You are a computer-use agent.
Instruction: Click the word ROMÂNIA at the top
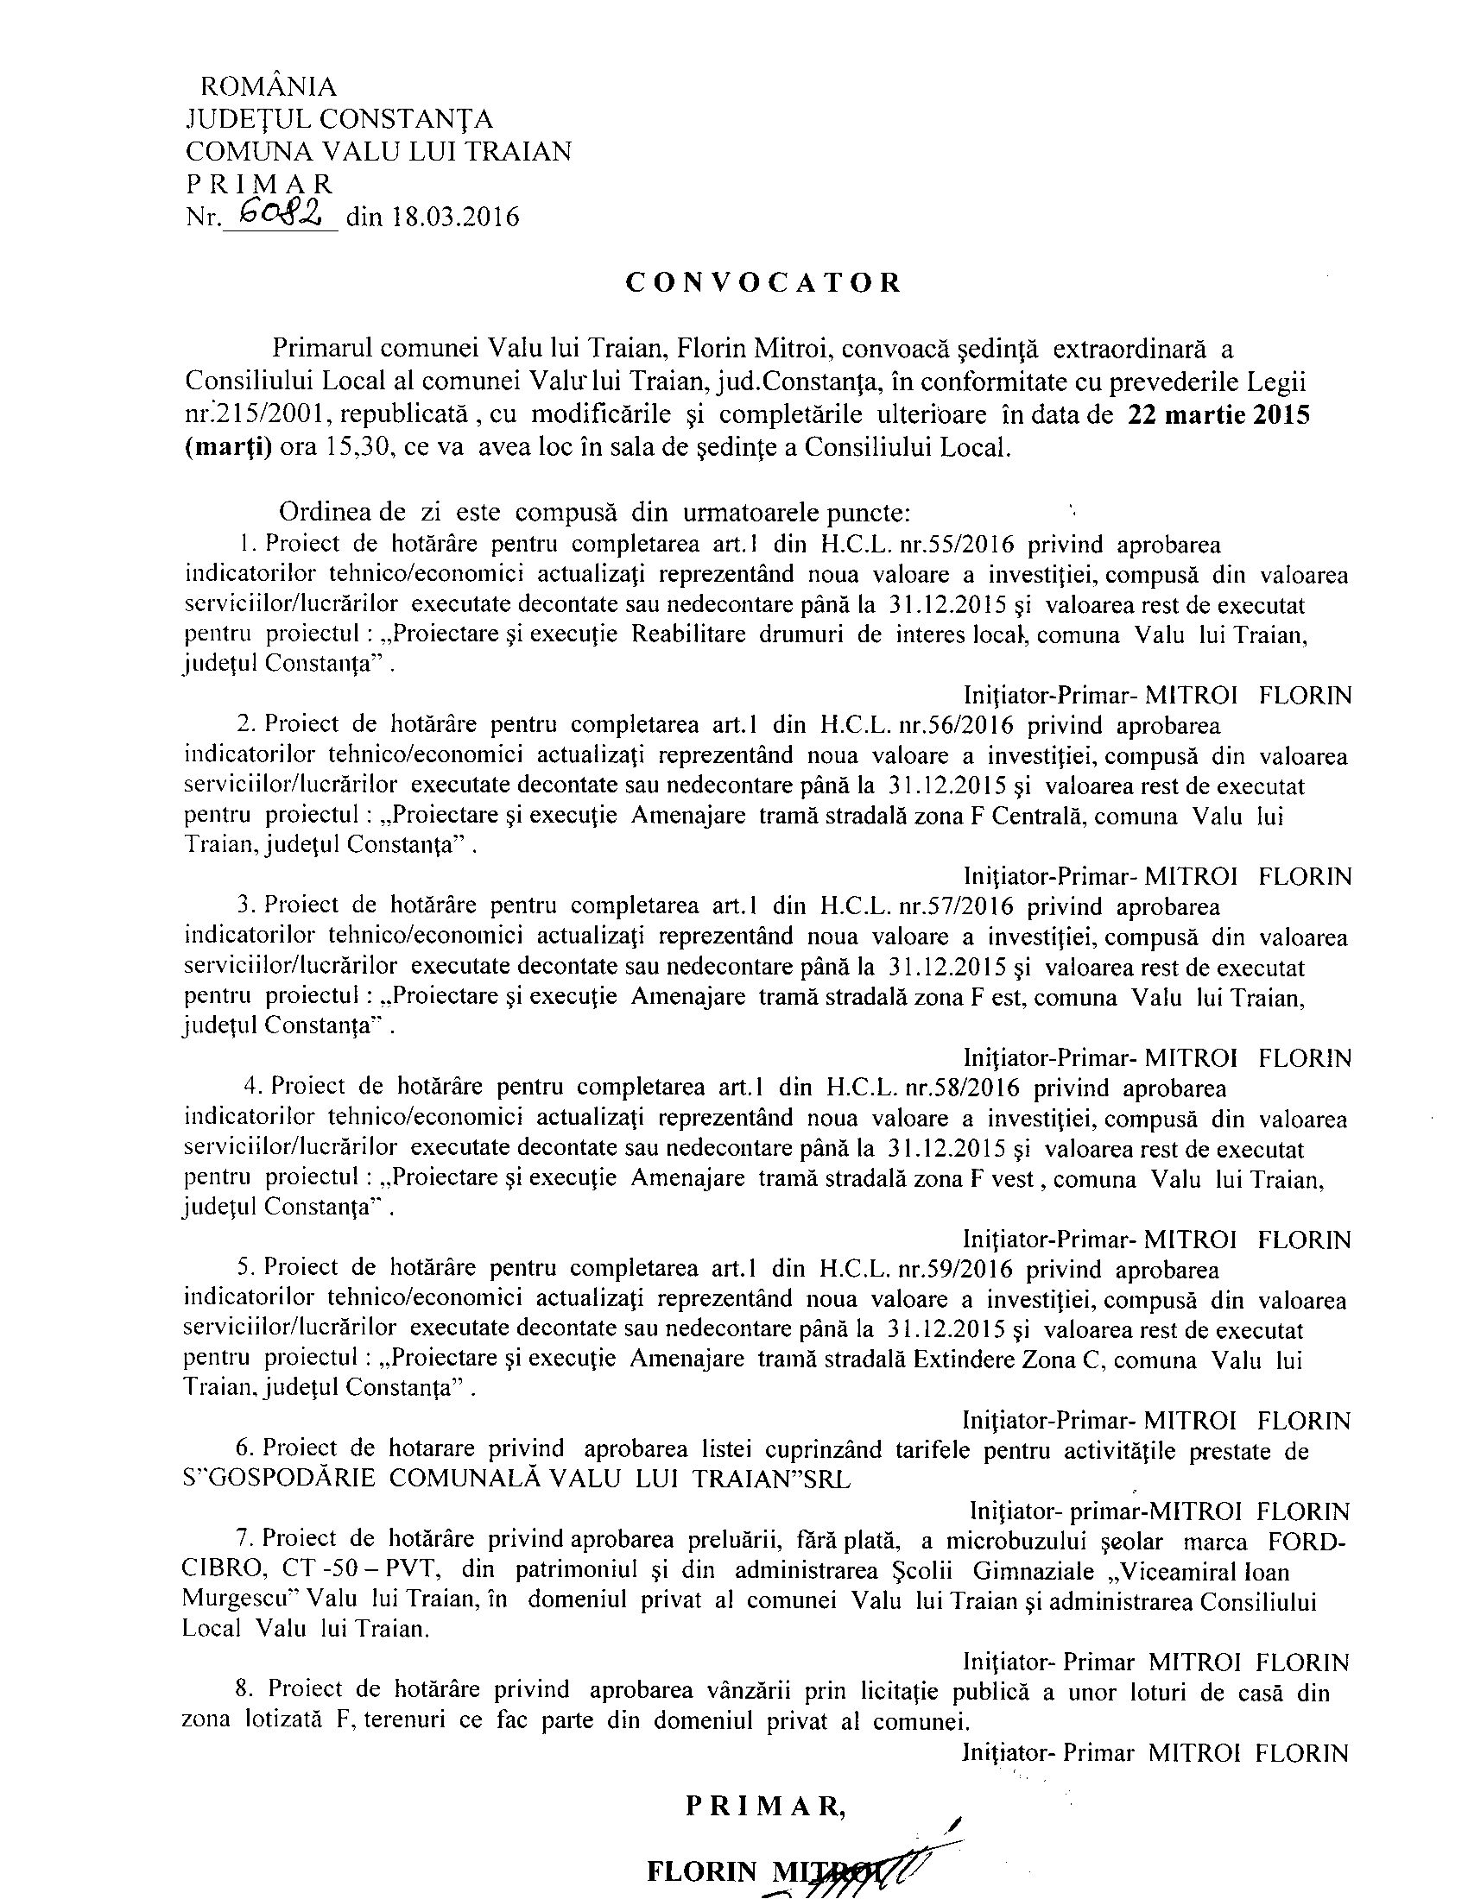pos(269,86)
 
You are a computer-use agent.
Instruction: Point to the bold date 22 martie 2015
pos(1218,416)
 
